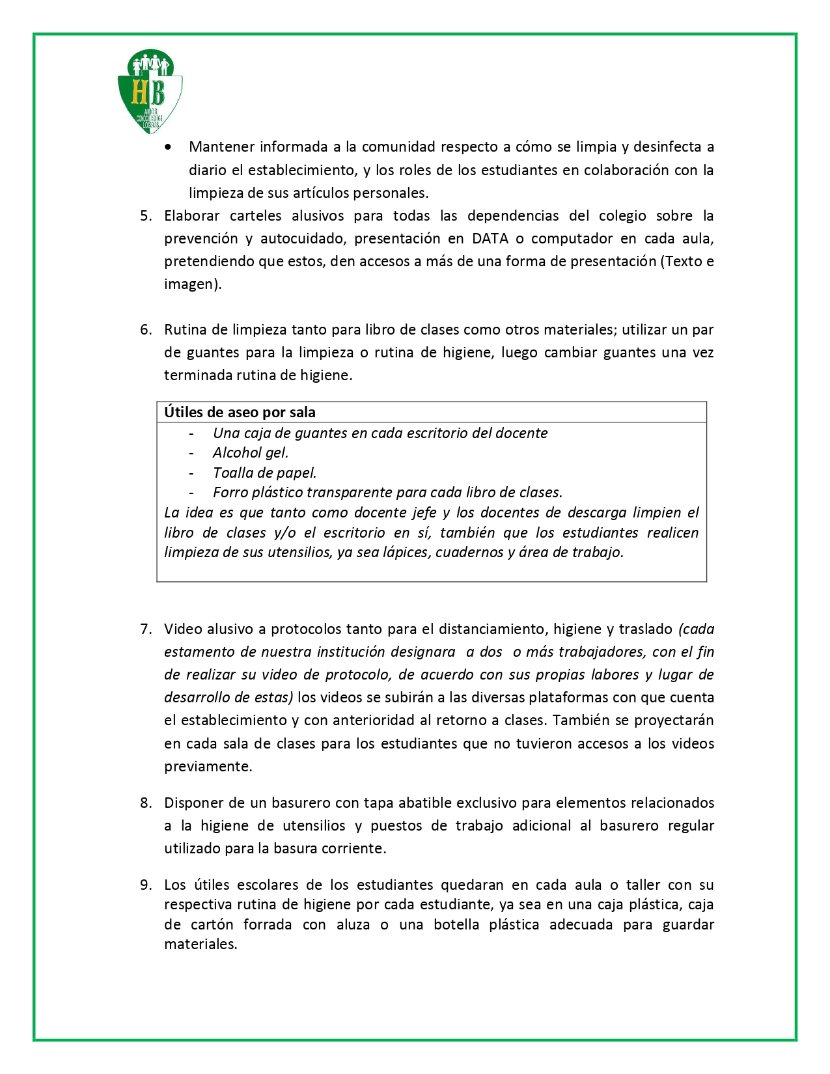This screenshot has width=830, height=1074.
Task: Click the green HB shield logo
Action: tap(150, 91)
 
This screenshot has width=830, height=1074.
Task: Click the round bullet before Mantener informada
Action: tap(169, 148)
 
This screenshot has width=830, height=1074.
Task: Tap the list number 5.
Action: tap(146, 216)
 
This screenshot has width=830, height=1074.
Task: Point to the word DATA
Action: tap(490, 239)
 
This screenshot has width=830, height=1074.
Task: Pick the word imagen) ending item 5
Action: tap(193, 284)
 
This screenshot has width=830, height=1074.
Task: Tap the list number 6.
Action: tap(146, 330)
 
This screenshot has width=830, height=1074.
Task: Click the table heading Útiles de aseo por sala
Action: tap(240, 413)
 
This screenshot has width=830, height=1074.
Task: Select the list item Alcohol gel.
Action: tap(251, 453)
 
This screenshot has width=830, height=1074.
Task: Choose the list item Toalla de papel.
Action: tap(264, 473)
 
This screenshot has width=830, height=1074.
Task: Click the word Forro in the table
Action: tap(229, 493)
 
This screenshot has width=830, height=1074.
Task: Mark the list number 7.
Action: tap(146, 629)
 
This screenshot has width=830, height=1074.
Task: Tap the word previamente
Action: tap(208, 767)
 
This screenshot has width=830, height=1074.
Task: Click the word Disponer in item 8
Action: tap(193, 803)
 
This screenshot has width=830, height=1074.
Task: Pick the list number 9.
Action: tap(146, 885)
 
